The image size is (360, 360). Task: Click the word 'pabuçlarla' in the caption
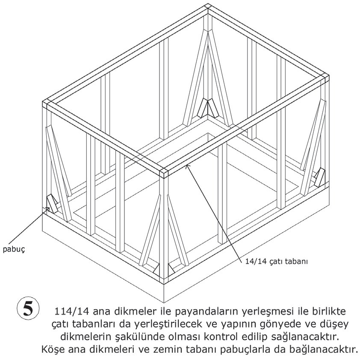click(x=240, y=346)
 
